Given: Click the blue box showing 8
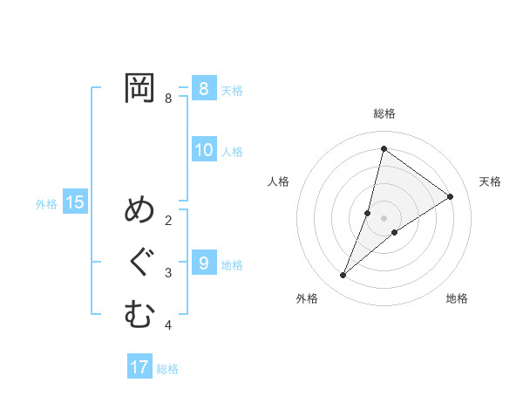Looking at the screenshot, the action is click(x=203, y=88).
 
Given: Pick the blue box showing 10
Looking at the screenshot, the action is click(x=203, y=150).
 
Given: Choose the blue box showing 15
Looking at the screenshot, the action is click(x=75, y=203).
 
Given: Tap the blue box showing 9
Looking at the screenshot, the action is click(x=203, y=263).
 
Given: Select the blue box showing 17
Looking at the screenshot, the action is click(x=139, y=367).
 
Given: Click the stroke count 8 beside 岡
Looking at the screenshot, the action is click(x=168, y=99).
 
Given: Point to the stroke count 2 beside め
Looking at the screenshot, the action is click(x=168, y=221).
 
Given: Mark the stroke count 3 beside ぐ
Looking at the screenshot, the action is click(x=168, y=273).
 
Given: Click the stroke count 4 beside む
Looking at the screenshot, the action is click(x=168, y=325).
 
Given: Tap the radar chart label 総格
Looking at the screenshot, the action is click(x=384, y=113).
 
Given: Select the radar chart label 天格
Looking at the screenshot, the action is click(x=491, y=181).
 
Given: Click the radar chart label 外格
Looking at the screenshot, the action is click(x=306, y=298).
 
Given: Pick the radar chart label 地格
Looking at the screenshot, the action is click(x=457, y=298).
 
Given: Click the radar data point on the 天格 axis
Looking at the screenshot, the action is click(x=451, y=196).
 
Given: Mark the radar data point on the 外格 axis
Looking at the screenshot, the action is click(x=343, y=276).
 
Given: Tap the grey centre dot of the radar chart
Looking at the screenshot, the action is click(x=384, y=218).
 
